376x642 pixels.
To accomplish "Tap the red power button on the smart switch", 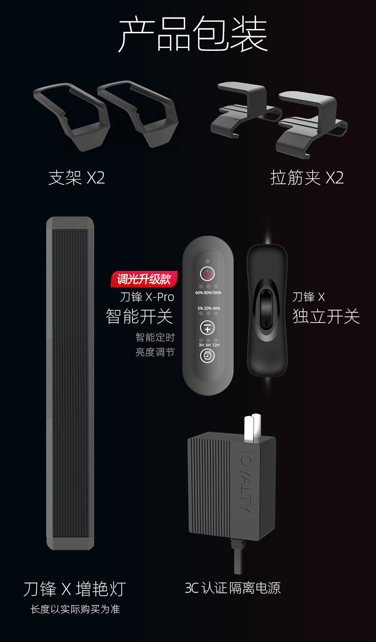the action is pyautogui.click(x=207, y=274).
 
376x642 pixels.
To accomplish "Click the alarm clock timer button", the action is pyautogui.click(x=207, y=355).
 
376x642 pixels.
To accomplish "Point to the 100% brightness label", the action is pyautogui.click(x=216, y=293).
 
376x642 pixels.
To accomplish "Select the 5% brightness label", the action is pyautogui.click(x=200, y=308).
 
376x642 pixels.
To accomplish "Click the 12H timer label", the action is pyautogui.click(x=216, y=345).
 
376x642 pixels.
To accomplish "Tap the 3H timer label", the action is pyautogui.click(x=201, y=345).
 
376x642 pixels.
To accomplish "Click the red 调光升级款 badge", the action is pyautogui.click(x=144, y=279).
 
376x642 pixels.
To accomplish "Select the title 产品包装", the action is pyautogui.click(x=192, y=34).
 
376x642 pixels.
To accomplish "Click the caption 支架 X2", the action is pyautogui.click(x=76, y=178).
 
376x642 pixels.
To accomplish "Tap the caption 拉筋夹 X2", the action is pyautogui.click(x=307, y=178).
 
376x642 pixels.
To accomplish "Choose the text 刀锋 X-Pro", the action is pyautogui.click(x=147, y=297).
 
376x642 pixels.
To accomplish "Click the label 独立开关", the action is pyautogui.click(x=326, y=316).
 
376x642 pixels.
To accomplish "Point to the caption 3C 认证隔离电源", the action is pyautogui.click(x=233, y=588).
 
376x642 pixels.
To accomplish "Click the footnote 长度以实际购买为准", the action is pyautogui.click(x=75, y=609).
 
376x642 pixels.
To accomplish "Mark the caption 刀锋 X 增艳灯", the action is pyautogui.click(x=74, y=589).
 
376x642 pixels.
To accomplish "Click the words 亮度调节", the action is pyautogui.click(x=155, y=352).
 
